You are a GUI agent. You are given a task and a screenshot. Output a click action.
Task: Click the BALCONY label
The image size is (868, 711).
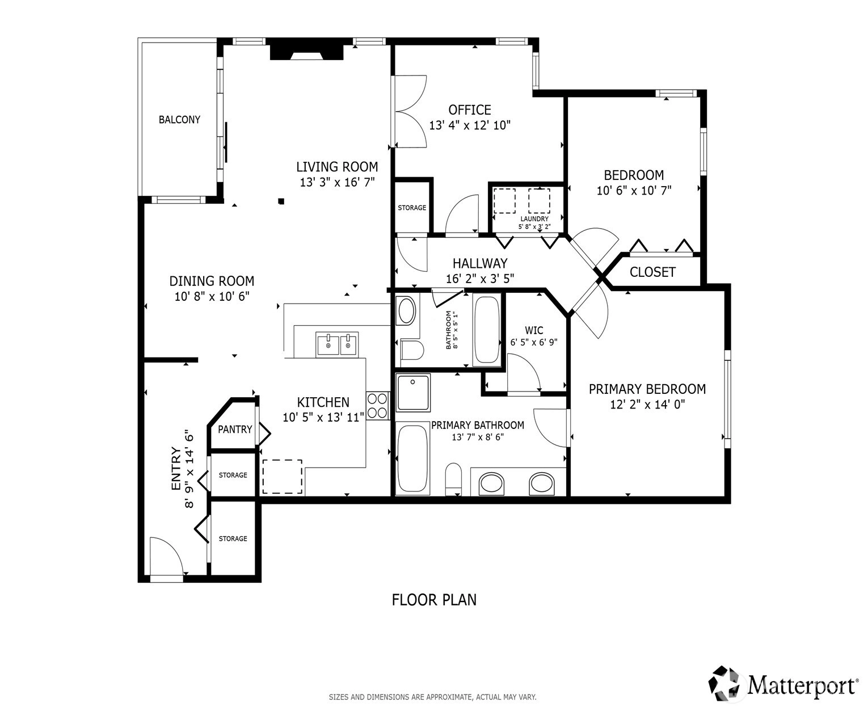[179, 120]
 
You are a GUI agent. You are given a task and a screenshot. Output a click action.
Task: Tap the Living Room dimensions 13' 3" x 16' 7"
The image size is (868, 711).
[337, 182]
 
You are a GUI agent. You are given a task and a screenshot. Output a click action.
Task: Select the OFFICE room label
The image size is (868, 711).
[470, 110]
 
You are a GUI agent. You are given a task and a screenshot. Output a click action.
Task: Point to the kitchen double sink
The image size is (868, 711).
[337, 344]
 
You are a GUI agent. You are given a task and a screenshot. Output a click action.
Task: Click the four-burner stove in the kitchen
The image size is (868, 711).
[377, 406]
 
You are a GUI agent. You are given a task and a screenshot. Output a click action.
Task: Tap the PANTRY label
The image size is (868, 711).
[235, 430]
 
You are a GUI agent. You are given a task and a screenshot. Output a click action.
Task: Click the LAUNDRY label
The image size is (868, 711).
[534, 218]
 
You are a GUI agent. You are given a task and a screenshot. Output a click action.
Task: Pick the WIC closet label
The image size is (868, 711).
[534, 330]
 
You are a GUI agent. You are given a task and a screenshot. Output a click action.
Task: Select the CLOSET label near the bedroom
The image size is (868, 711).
[652, 272]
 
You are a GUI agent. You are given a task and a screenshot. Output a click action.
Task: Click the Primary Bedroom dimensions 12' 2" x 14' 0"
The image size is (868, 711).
[647, 404]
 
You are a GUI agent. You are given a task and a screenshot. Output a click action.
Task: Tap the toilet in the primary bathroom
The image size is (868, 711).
[453, 479]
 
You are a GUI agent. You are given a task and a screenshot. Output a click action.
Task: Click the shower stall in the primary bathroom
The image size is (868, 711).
[413, 393]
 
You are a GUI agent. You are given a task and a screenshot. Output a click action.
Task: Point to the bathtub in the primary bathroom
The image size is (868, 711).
[413, 458]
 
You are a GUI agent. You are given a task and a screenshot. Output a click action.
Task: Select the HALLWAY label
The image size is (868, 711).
[480, 263]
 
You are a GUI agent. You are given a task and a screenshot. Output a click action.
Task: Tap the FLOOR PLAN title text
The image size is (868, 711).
[434, 600]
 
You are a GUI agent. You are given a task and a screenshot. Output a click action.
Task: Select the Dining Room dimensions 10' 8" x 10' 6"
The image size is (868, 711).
[212, 296]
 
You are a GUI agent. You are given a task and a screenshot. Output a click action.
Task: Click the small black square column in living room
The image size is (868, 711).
[281, 201]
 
